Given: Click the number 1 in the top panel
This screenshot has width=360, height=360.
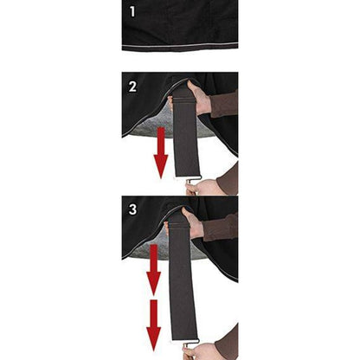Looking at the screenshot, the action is tap(132, 12).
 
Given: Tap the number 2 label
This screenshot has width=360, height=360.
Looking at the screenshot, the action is tap(132, 87).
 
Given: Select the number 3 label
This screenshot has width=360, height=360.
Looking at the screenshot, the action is tap(132, 209).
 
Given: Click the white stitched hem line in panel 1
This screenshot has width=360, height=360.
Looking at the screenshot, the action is tap(180, 46).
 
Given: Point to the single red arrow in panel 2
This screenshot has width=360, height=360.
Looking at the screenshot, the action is tap(161, 153).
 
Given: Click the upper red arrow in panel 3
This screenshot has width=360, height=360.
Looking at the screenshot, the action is tap(153, 270).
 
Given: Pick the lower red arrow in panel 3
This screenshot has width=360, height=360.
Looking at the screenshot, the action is tap(153, 325).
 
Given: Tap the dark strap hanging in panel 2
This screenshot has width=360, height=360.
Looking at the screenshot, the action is tap(186, 136).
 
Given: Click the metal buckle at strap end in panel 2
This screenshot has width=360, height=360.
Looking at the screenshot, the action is tap(192, 180).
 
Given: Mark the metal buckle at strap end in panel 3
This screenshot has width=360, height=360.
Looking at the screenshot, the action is tap(190, 343).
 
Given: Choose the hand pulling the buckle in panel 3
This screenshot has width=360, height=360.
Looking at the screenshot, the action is tap(201, 351).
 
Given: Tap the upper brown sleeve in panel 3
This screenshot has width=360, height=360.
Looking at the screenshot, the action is tap(221, 228).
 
